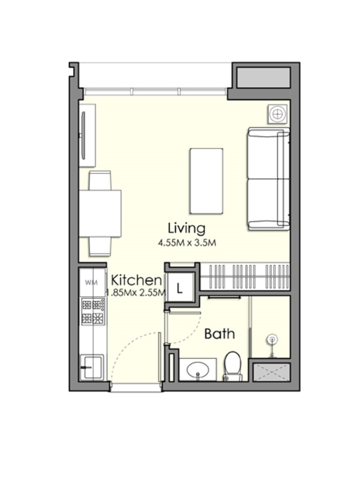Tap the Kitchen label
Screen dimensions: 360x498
click(136, 280)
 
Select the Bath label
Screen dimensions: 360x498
click(219, 334)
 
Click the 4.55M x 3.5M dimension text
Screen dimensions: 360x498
click(187, 243)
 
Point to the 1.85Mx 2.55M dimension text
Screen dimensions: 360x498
click(136, 293)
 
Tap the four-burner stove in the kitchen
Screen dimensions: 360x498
click(93, 311)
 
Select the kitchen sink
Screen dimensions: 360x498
click(91, 367)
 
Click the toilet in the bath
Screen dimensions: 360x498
click(233, 366)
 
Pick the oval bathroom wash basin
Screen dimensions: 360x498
click(197, 370)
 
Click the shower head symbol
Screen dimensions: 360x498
click(272, 340)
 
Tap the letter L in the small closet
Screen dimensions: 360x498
click(180, 289)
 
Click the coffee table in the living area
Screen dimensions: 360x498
click(206, 181)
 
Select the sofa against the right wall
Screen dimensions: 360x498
click(269, 179)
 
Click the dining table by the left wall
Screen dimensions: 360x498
click(100, 214)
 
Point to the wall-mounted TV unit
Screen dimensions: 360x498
click(87, 135)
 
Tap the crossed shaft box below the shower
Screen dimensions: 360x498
click(272, 372)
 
